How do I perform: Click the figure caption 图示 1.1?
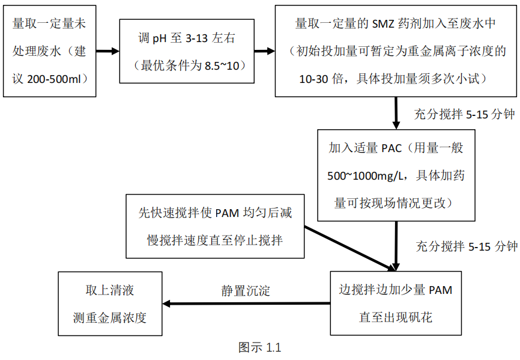point(259,347)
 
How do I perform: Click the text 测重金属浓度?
point(110,317)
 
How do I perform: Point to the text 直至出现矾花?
point(396,317)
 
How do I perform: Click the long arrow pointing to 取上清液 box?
point(246,304)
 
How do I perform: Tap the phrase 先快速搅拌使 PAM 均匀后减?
point(215,213)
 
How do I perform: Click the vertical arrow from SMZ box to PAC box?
point(396,111)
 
